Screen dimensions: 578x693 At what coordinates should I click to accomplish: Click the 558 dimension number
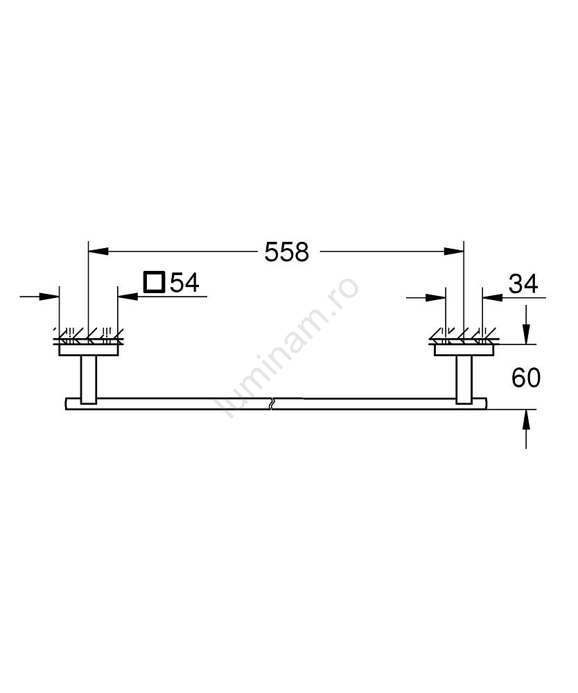[x=286, y=252]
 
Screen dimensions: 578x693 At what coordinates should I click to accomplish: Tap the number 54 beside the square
[x=185, y=283]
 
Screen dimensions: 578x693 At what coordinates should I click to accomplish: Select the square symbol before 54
[x=155, y=282]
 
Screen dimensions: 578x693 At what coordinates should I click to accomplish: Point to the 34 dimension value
[x=523, y=283]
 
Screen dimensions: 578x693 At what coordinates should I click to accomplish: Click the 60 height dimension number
[x=526, y=378]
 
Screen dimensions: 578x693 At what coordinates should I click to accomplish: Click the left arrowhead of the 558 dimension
[x=98, y=252]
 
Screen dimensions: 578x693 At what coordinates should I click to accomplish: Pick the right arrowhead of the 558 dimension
[x=454, y=252]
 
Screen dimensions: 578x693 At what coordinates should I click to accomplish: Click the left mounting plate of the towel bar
[x=89, y=351]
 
